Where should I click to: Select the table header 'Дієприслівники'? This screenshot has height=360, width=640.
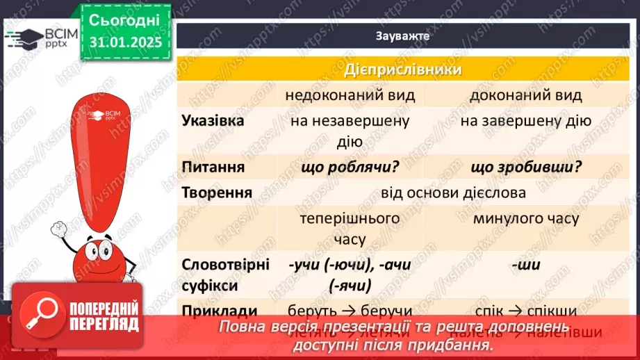pos(403,70)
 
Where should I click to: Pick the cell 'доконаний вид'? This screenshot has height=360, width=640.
pos(526,95)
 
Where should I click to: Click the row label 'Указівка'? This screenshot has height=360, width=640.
pos(213,121)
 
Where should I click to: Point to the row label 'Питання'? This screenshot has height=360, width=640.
pos(213,167)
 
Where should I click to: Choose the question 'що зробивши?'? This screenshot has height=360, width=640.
pos(526,167)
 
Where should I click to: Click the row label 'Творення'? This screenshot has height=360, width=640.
pos(216,193)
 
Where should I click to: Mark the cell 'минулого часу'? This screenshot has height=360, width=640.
pos(526,218)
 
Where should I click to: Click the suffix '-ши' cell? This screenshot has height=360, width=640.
pos(526,265)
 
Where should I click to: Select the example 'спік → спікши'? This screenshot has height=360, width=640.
pos(526,311)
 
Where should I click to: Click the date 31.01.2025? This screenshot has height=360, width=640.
pos(125,42)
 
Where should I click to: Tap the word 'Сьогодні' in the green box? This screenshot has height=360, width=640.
pos(125,19)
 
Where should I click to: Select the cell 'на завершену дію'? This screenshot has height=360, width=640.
pos(526,121)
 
